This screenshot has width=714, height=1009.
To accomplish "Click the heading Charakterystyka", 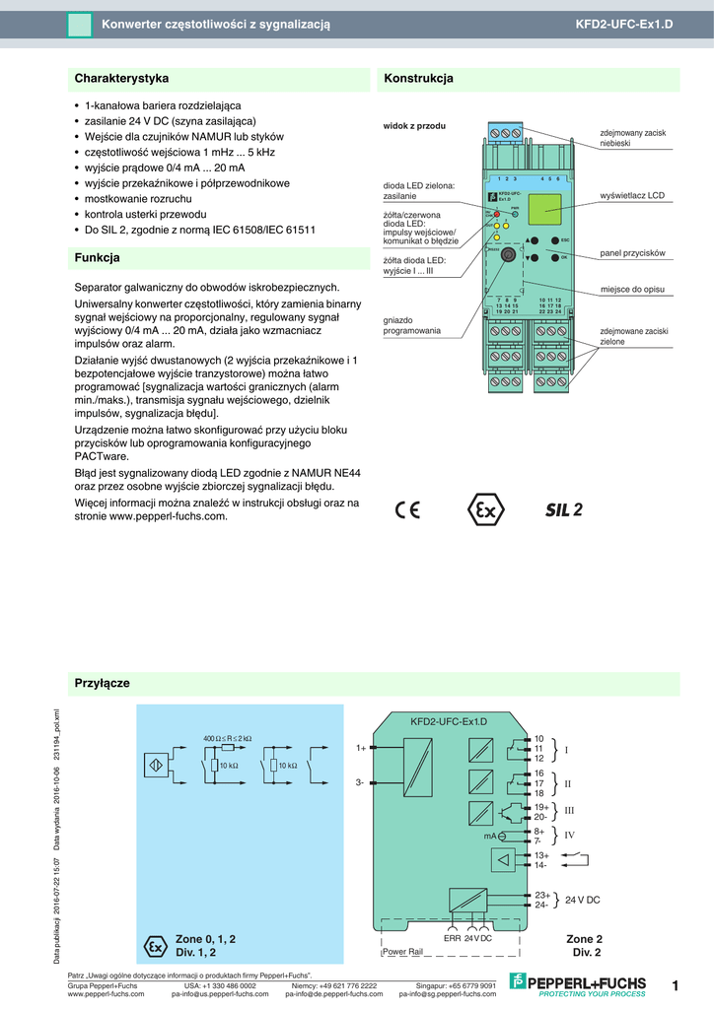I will (x=122, y=78).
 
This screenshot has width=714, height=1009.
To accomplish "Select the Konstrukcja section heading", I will (x=418, y=78).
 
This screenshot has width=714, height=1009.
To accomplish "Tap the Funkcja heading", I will (x=98, y=258).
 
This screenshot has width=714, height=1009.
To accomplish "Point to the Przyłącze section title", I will (x=103, y=683).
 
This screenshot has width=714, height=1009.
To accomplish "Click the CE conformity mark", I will (x=407, y=510).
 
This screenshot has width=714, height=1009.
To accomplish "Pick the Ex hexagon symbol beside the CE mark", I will (x=485, y=510).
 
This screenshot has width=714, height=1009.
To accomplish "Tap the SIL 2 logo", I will (x=564, y=510).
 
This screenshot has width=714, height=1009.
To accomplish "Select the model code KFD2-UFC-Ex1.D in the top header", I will (x=623, y=23).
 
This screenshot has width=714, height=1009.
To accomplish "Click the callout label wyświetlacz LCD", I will (x=632, y=196).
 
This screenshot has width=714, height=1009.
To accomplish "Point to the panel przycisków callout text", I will (x=632, y=253).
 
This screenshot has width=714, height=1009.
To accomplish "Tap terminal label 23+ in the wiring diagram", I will (x=541, y=895).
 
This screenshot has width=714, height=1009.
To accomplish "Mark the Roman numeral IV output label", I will (x=569, y=835).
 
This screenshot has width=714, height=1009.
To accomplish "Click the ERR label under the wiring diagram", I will (x=452, y=938).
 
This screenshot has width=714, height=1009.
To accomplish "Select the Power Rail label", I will (x=402, y=952).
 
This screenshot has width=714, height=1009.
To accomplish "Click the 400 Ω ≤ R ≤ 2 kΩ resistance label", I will (x=228, y=738).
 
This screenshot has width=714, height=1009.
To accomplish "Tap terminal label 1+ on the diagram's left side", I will (x=361, y=748).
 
